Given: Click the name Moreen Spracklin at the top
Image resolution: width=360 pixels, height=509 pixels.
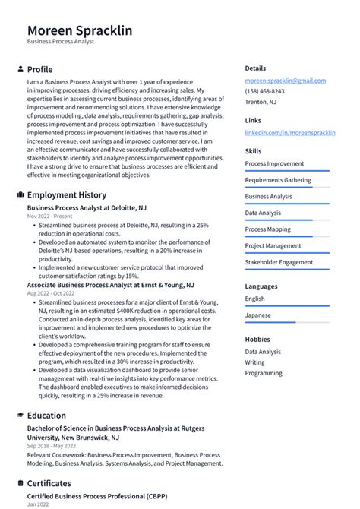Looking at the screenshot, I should click(x=80, y=30).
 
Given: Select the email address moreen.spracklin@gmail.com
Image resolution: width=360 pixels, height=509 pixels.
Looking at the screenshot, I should click(x=285, y=81).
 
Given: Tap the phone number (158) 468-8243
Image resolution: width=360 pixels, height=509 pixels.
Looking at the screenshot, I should click(x=264, y=91).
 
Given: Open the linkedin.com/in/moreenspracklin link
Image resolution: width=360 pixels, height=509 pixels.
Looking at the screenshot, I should click(x=289, y=133).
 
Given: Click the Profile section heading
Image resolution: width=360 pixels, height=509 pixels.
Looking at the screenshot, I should click(x=39, y=69).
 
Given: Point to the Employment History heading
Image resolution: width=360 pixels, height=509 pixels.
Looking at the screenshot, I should click(x=66, y=194).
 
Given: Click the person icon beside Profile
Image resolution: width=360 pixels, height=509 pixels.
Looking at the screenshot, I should click(x=20, y=69).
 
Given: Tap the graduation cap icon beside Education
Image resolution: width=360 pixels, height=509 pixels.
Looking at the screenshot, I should click(x=20, y=416).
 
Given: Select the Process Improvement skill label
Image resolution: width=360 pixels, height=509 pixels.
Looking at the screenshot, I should click(x=274, y=163).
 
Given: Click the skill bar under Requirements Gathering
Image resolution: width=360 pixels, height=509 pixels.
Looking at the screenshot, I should click(x=287, y=188).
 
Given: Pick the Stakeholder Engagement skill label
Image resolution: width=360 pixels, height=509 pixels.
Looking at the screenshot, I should click(x=279, y=262).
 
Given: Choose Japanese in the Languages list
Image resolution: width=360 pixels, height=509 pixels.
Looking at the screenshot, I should click(x=257, y=315).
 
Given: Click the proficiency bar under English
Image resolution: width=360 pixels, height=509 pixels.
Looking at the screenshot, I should click(x=287, y=306).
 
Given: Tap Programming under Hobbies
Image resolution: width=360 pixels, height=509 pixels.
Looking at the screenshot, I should click(x=263, y=373).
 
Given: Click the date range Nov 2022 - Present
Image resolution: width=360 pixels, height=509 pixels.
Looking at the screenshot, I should click(x=49, y=217).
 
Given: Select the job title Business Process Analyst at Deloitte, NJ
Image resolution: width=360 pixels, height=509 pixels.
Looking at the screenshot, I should click(x=87, y=207).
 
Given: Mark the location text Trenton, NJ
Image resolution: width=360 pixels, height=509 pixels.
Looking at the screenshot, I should click(x=261, y=102).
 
